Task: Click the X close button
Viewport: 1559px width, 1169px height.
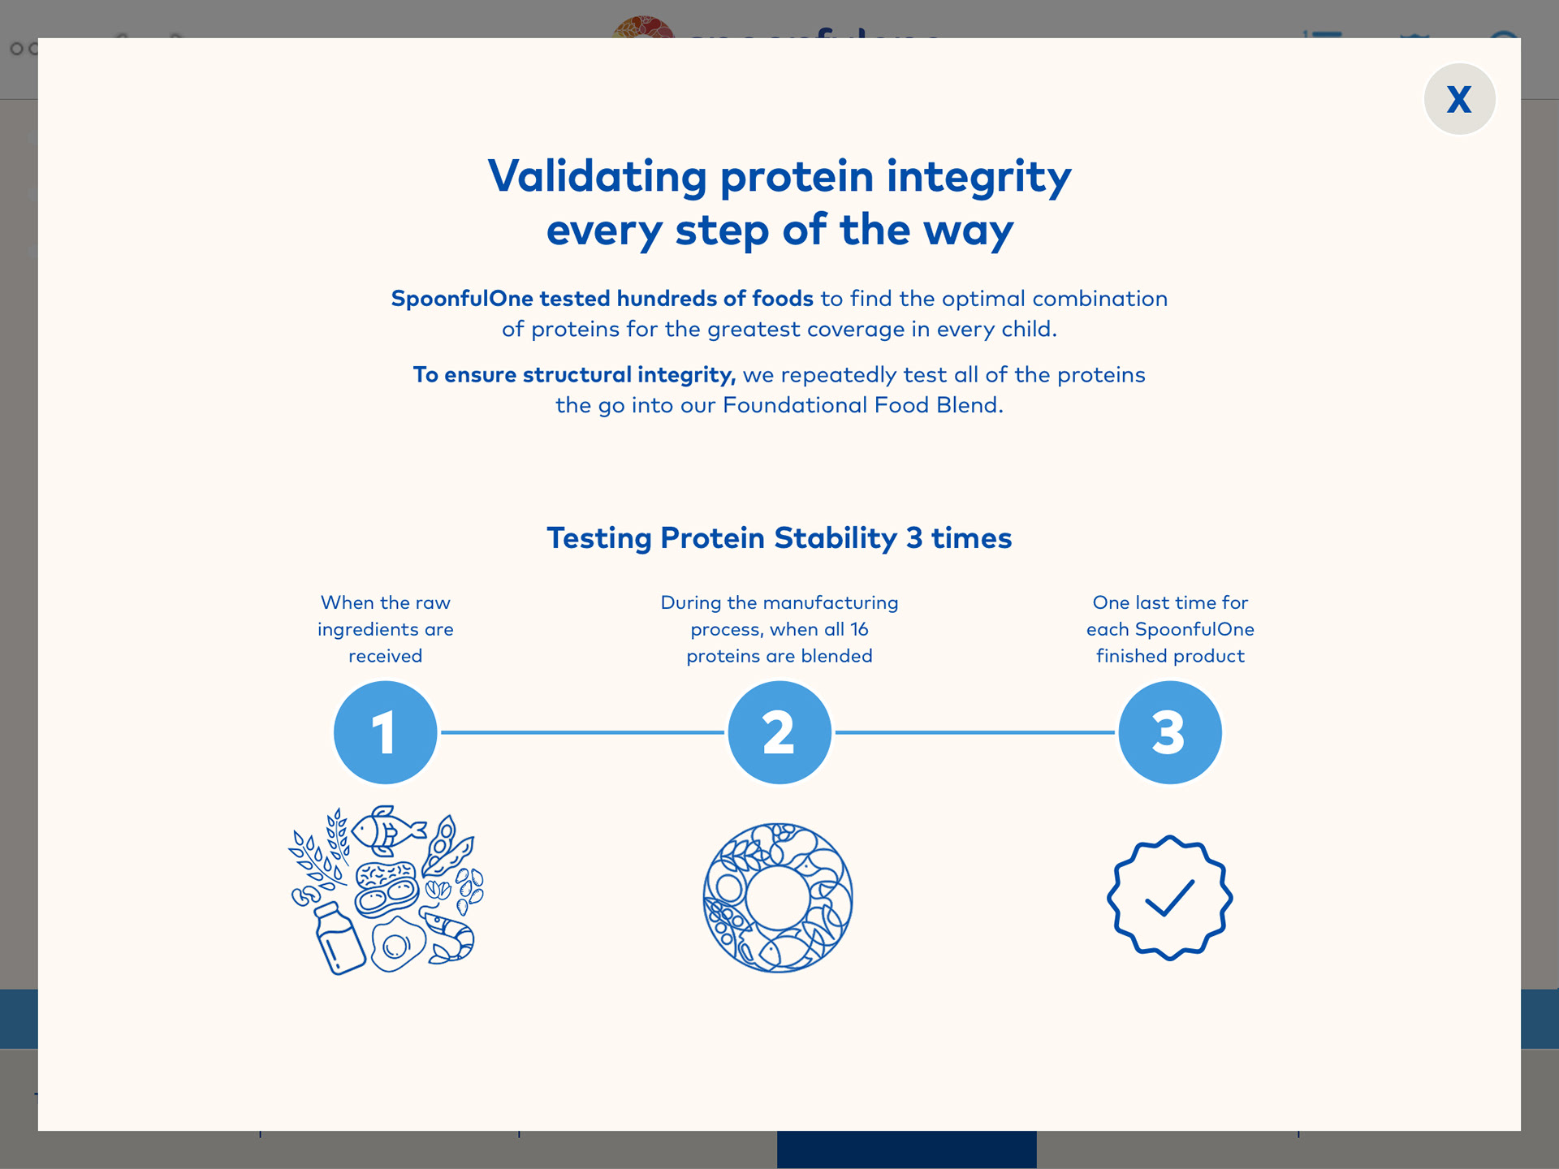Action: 1459,99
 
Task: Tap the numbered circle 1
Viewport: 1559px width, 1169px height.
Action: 385,732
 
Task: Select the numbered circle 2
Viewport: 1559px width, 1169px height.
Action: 779,732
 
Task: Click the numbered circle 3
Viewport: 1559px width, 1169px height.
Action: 1169,732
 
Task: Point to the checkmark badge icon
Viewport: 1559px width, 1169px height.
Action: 1169,898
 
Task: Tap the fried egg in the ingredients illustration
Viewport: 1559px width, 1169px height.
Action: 397,945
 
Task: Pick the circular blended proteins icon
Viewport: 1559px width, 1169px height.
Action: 778,898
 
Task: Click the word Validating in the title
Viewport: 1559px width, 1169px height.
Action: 597,177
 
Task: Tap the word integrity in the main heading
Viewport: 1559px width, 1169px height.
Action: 978,177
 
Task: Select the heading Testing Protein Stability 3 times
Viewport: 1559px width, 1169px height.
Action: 779,538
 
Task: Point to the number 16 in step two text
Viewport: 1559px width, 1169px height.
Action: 859,629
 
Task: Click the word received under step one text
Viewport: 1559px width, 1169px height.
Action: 385,656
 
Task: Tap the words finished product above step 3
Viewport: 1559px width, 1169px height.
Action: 1170,656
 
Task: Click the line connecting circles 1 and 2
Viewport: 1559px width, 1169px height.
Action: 581,732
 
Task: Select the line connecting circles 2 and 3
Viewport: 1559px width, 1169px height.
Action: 974,732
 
